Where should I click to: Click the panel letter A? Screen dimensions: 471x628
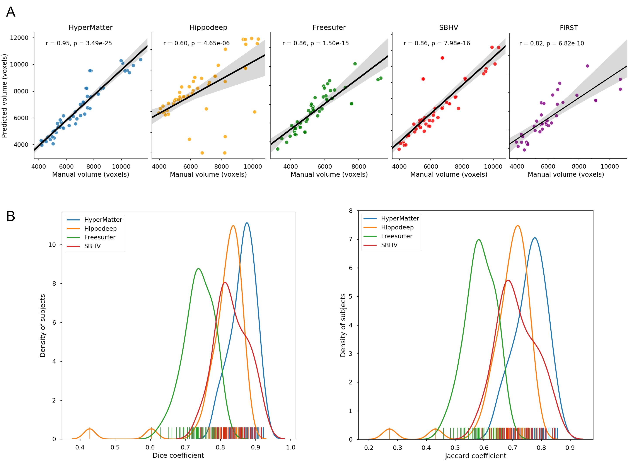pos(10,12)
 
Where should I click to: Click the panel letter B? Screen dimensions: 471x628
pos(10,216)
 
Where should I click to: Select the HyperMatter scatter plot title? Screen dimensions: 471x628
pos(90,27)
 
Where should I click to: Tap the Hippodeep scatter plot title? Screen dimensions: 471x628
pos(208,27)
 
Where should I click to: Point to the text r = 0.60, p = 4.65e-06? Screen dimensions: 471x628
pos(196,43)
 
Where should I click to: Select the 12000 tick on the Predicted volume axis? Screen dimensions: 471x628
pos(19,38)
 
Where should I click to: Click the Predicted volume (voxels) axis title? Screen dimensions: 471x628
pos(4,96)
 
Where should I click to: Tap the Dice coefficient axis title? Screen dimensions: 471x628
pos(178,455)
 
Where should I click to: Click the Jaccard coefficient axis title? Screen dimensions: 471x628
pos(476,456)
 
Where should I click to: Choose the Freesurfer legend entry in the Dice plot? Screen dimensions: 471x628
pos(100,237)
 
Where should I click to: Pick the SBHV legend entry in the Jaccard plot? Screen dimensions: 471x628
pos(389,245)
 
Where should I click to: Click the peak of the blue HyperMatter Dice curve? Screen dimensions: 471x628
pos(247,223)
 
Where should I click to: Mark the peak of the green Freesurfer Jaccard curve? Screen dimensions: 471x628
pos(479,240)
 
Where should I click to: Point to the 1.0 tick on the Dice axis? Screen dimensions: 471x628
pos(291,447)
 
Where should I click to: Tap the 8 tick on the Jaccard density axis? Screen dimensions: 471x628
pos(351,211)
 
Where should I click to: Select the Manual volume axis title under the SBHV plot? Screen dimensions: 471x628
pos(449,174)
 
